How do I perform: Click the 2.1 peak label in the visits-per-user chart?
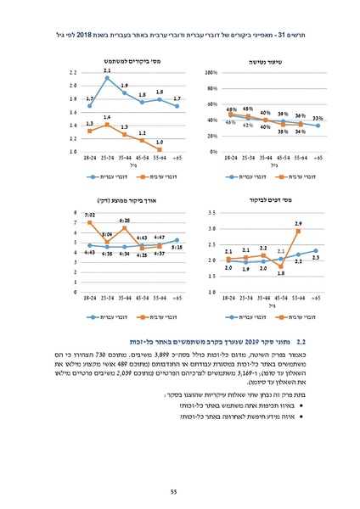(106, 70)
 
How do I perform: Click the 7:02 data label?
(89, 215)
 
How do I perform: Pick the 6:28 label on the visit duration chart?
(124, 220)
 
